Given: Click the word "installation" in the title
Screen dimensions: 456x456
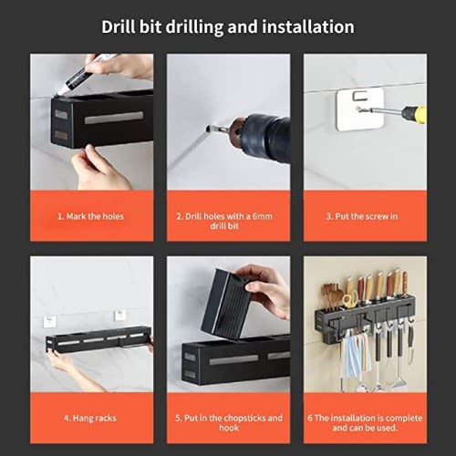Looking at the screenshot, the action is coord(308,26).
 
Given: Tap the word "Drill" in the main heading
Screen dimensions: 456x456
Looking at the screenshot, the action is coord(119,26).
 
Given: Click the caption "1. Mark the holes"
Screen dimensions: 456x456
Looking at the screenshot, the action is coord(90,216).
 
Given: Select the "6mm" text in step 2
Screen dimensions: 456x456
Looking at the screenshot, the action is coord(263,216).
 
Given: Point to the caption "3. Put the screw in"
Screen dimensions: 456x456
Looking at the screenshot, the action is coord(362,216).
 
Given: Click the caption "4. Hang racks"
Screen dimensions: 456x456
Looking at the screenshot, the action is coord(90,418).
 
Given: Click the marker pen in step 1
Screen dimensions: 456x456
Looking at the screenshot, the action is coord(84,75).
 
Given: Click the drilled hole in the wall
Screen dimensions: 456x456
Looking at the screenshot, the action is coord(208,129).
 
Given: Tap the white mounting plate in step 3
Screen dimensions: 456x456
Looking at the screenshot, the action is coord(360,110).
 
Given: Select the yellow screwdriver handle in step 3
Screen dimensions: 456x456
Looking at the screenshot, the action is coord(414,115).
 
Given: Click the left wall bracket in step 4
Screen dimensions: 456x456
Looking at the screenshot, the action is coord(50,322).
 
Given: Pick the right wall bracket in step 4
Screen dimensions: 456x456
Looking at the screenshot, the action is coord(120,316).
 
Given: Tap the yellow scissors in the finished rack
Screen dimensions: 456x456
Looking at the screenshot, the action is coord(350,298).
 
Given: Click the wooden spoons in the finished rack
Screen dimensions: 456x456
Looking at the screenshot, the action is coord(331,296).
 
